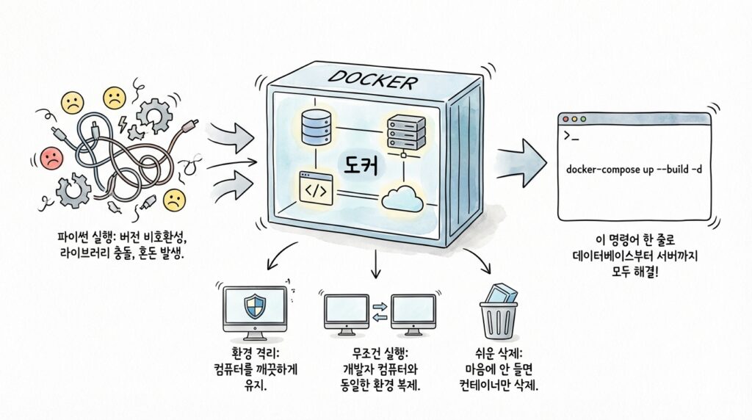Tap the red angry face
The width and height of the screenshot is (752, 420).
click(51, 156)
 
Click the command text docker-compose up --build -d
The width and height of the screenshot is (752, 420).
click(634, 170)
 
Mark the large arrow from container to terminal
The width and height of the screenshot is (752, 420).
click(522, 156)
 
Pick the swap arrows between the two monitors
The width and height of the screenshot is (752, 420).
click(380, 309)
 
